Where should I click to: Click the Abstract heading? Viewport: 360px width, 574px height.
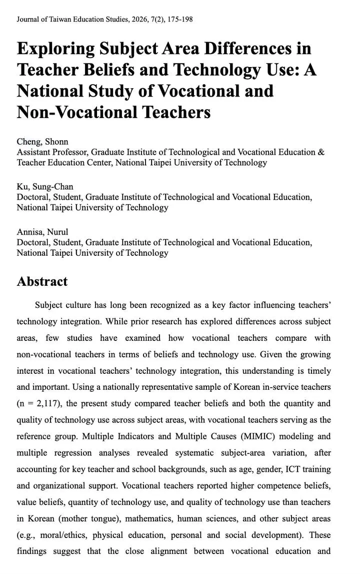click(x=42, y=281)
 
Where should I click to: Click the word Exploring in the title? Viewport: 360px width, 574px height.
click(x=55, y=49)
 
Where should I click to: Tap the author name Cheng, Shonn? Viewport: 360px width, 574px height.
click(x=42, y=142)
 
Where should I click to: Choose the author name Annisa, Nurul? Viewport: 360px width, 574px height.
click(x=42, y=232)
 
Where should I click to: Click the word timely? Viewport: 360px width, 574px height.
click(x=317, y=371)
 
